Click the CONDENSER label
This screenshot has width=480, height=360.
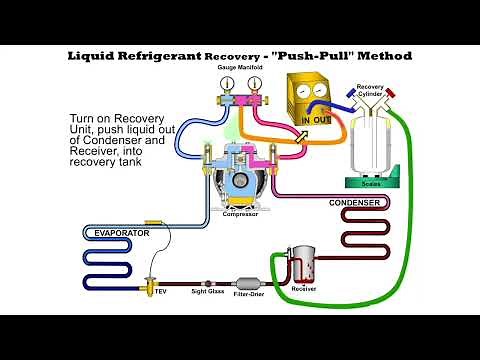click(x=355, y=202)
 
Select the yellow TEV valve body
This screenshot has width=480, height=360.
click(x=150, y=282)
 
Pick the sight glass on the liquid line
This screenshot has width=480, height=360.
click(x=208, y=283)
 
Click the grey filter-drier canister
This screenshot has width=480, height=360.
click(x=246, y=284)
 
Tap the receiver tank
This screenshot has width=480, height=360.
click(x=301, y=265)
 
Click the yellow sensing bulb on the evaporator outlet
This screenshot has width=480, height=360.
click(x=153, y=221)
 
